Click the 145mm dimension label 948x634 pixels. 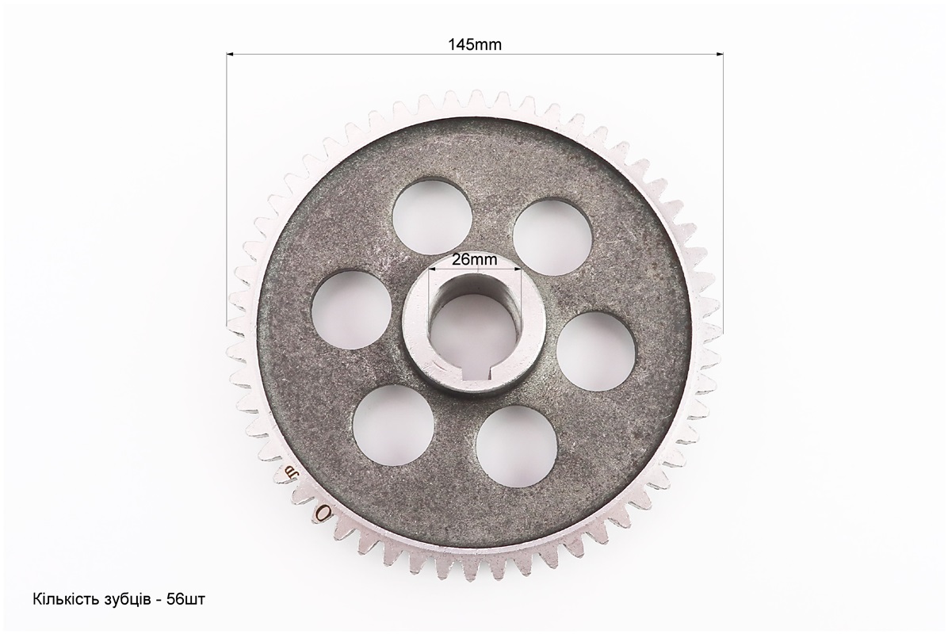[475, 44]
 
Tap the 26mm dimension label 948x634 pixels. [475, 260]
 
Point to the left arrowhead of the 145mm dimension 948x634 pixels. [230, 55]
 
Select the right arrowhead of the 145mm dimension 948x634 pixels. [720, 55]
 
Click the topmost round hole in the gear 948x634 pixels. [432, 217]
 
